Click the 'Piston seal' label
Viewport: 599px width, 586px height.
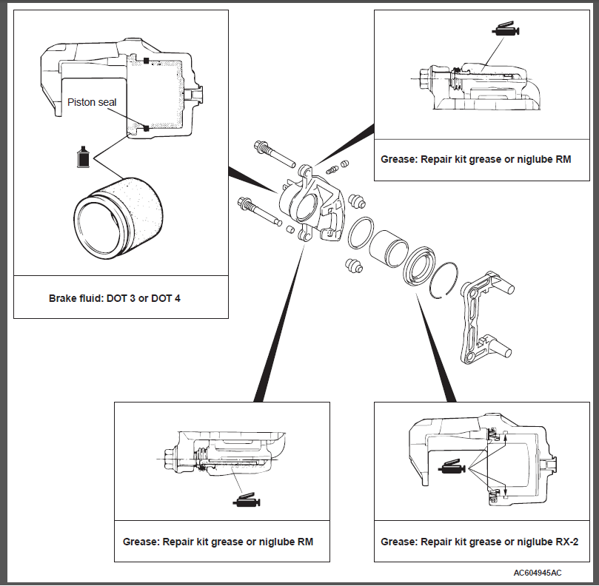(x=92, y=102)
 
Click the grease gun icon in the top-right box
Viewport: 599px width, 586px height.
(x=506, y=31)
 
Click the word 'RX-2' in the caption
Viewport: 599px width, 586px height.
(x=566, y=542)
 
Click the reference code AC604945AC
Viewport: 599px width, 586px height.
(x=537, y=573)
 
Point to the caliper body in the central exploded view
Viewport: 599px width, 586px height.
(x=307, y=203)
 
